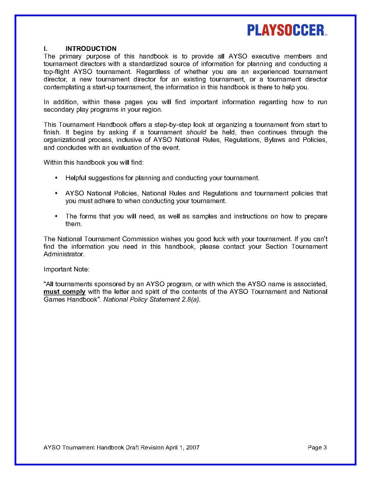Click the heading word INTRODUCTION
coord(91,49)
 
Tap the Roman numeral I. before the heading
coord(45,49)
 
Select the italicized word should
coord(196,132)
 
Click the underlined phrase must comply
coord(64,292)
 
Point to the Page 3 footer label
coord(317,447)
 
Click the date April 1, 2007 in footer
coord(182,447)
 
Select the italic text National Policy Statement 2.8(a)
coord(152,299)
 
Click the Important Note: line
coord(66,269)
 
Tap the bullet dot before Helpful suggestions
coord(56,178)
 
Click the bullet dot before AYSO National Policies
coord(56,193)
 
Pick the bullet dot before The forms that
coord(56,216)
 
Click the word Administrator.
coord(64,254)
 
